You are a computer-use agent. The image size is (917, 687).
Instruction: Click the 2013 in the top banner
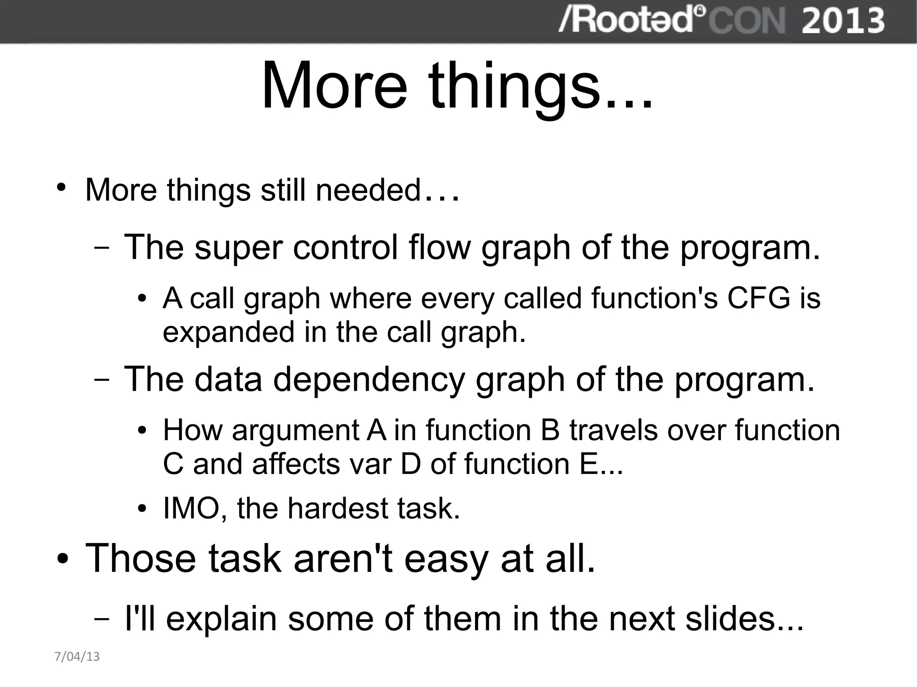pos(843,21)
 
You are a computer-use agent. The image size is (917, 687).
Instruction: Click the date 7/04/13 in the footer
pos(77,657)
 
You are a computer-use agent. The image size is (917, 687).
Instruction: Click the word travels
pos(613,430)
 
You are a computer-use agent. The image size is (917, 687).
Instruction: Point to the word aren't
pos(343,558)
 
